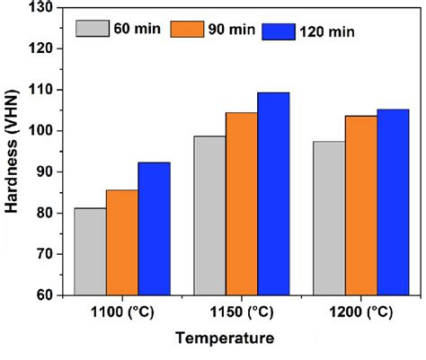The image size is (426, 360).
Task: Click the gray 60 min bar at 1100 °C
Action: (x=90, y=251)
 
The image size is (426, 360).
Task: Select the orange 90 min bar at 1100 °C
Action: (x=122, y=242)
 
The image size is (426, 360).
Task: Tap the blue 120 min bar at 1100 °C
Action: (x=154, y=228)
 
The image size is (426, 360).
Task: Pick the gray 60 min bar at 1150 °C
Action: (x=210, y=215)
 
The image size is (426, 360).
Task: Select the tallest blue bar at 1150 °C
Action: (x=273, y=193)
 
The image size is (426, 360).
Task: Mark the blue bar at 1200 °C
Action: (x=392, y=202)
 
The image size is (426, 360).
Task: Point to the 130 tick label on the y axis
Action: (x=40, y=8)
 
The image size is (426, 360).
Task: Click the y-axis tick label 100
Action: (x=40, y=131)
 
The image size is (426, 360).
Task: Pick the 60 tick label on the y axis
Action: (x=44, y=295)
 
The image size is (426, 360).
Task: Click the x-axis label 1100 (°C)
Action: (x=120, y=312)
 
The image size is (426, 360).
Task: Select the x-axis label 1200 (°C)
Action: (x=359, y=312)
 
